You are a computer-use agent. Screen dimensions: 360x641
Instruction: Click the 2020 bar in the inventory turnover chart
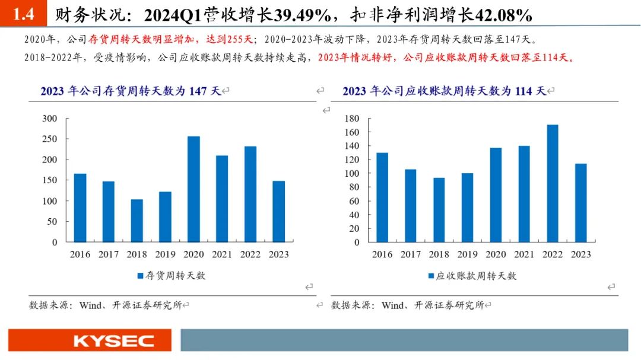tap(193, 189)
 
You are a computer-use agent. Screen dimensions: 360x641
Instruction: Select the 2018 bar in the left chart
tap(137, 221)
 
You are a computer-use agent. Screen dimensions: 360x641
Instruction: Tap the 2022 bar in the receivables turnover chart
tap(552, 183)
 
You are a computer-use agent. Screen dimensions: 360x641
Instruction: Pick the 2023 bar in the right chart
tap(580, 203)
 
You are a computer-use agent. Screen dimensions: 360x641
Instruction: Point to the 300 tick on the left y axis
tap(50, 119)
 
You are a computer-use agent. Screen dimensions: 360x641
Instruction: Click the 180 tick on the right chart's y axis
tap(352, 119)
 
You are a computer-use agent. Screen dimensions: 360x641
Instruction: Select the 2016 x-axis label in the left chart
tap(80, 254)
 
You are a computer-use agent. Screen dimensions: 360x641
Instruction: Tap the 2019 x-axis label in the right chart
tap(467, 254)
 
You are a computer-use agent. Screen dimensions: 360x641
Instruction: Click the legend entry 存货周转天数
tap(172, 276)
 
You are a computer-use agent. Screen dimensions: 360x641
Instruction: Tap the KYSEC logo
tap(113, 341)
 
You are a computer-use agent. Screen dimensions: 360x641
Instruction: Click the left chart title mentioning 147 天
tap(130, 91)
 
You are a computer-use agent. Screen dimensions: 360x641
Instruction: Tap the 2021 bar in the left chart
tap(222, 199)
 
